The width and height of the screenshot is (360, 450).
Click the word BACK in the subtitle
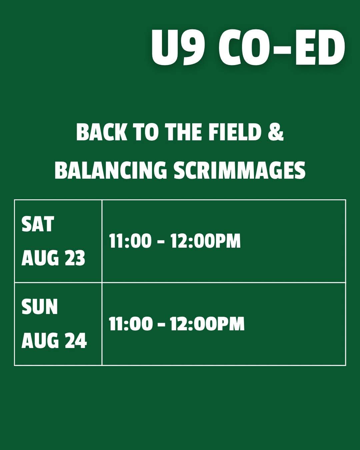[102, 132]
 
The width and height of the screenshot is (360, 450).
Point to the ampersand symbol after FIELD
[275, 132]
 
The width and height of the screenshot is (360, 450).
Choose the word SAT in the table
[38, 224]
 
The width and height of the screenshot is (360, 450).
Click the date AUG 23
[53, 258]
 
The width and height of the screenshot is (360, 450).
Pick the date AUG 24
[54, 341]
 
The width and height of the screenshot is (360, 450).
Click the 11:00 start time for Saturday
[130, 241]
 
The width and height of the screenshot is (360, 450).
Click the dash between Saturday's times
[161, 242]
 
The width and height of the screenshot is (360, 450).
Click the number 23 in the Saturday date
[75, 258]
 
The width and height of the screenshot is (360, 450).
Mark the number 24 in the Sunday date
[76, 341]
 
